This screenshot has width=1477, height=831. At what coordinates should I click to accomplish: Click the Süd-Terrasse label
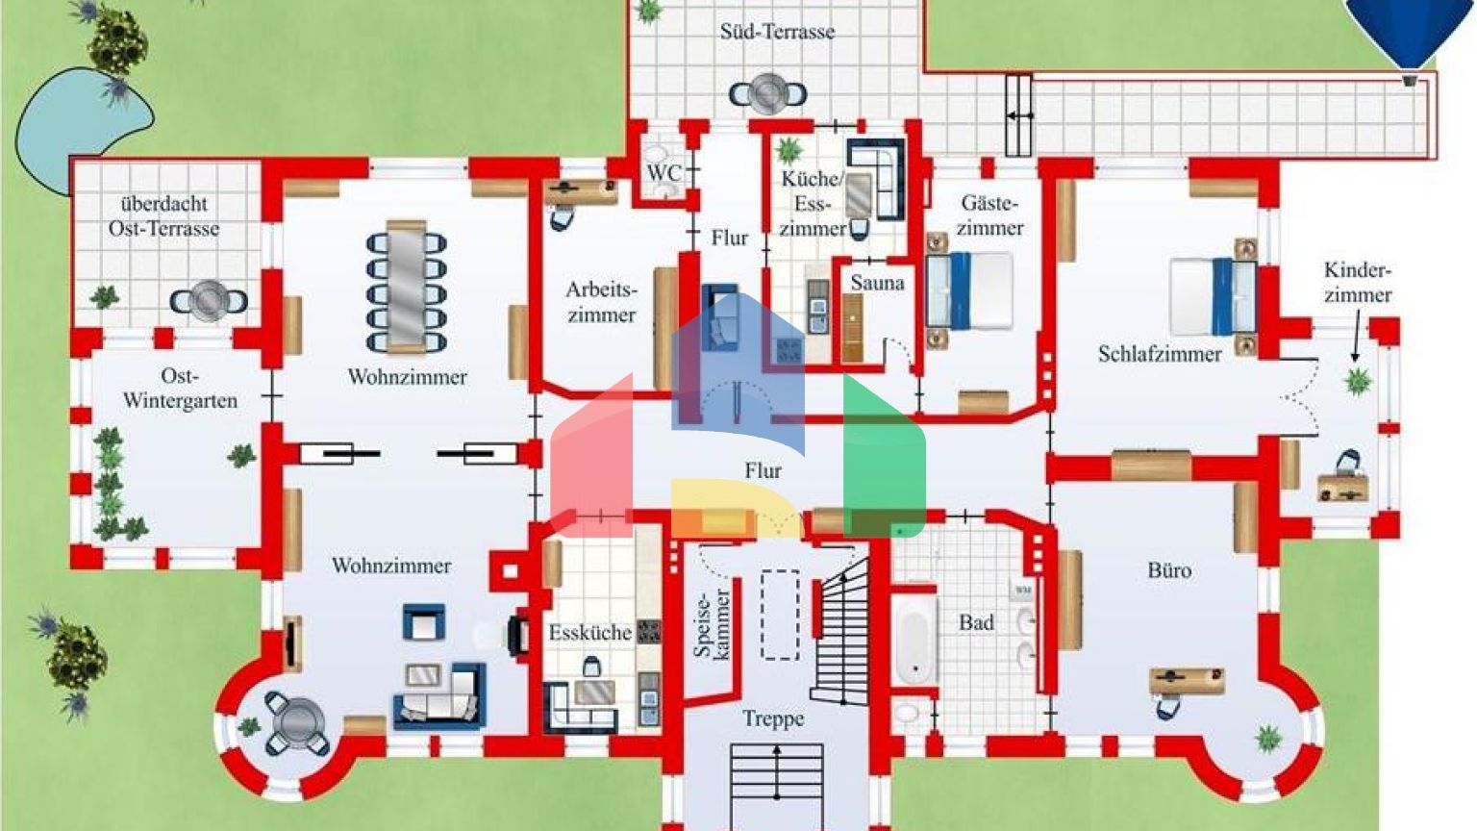pyautogui.click(x=777, y=32)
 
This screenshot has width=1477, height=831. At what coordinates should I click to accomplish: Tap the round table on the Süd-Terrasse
pyautogui.click(x=767, y=94)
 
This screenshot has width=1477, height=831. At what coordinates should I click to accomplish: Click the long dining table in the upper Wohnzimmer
pyautogui.click(x=407, y=287)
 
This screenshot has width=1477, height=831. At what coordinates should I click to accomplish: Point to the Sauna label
pyautogui.click(x=877, y=283)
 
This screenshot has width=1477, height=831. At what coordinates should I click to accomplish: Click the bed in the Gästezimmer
pyautogui.click(x=971, y=290)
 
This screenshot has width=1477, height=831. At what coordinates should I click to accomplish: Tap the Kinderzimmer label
pyautogui.click(x=1357, y=283)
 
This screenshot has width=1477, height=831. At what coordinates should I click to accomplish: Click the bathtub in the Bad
pyautogui.click(x=914, y=642)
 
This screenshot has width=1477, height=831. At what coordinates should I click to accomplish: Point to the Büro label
pyautogui.click(x=1169, y=570)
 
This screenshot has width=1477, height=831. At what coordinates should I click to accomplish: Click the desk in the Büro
pyautogui.click(x=1188, y=681)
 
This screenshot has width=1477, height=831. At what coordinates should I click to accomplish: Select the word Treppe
pyautogui.click(x=773, y=718)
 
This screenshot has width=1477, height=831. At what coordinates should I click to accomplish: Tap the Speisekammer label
pyautogui.click(x=712, y=624)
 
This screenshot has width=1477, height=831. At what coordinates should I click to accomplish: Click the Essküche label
pyautogui.click(x=590, y=633)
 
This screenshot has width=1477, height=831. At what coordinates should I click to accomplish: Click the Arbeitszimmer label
pyautogui.click(x=601, y=302)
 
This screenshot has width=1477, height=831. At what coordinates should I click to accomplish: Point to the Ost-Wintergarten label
pyautogui.click(x=180, y=389)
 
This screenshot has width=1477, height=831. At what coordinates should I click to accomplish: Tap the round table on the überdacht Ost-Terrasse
pyautogui.click(x=209, y=301)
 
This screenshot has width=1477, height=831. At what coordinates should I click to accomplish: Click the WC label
pyautogui.click(x=663, y=173)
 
